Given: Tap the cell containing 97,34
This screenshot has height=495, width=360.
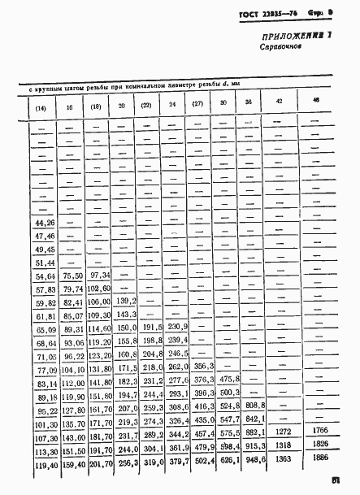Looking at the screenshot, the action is (x=99, y=276).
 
